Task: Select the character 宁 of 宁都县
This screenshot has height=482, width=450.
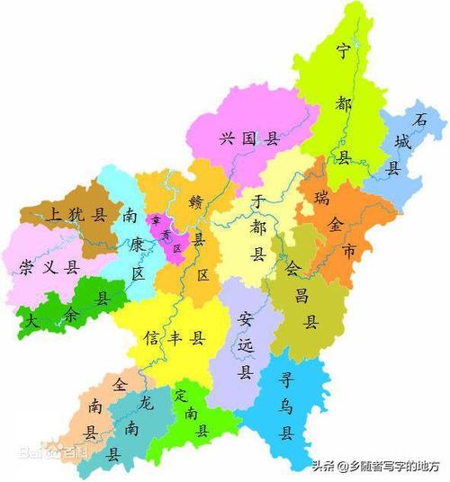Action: (342, 50)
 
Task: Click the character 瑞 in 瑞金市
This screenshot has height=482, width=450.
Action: (321, 197)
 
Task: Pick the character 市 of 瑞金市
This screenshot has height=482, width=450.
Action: (336, 246)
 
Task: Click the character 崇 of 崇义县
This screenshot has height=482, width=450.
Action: (27, 267)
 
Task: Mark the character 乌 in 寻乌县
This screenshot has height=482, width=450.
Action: (286, 406)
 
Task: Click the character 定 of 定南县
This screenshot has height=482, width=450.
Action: (180, 394)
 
